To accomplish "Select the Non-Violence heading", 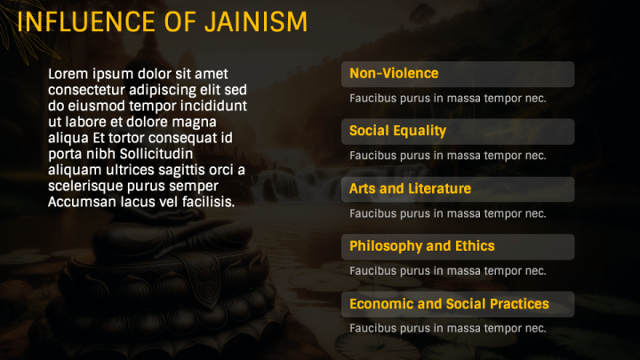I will click(394, 74).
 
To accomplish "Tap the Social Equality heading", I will click(397, 132).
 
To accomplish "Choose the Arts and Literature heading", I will click(410, 189).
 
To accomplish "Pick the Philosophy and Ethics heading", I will click(421, 246).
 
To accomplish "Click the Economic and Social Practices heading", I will click(449, 304).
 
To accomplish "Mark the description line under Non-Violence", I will click(447, 99).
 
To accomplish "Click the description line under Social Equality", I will click(447, 156).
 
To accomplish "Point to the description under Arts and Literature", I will click(447, 213).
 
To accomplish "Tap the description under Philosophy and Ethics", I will click(447, 271).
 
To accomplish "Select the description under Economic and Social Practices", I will click(447, 328).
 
